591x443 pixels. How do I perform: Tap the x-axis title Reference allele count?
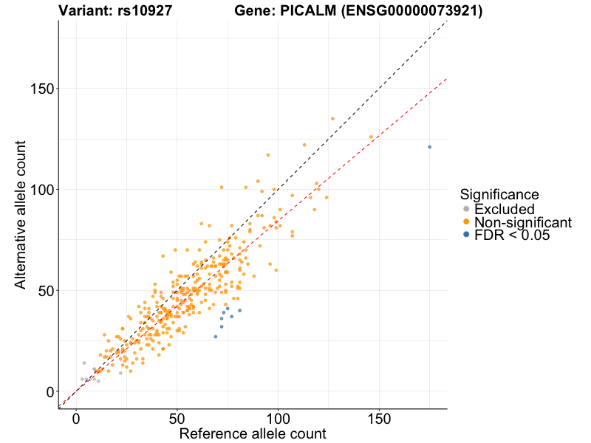point(252,433)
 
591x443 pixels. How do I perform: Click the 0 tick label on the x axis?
point(76,417)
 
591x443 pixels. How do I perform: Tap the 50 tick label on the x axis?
point(177,417)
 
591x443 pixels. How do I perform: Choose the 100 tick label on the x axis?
point(279,417)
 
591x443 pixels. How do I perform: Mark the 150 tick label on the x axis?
point(379,417)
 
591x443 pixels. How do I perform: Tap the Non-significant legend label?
point(523,222)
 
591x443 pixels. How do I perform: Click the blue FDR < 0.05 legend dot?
point(465,235)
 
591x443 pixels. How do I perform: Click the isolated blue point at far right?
point(429,147)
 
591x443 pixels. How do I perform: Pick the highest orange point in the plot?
point(332,119)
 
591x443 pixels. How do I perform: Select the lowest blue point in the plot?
point(216,337)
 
